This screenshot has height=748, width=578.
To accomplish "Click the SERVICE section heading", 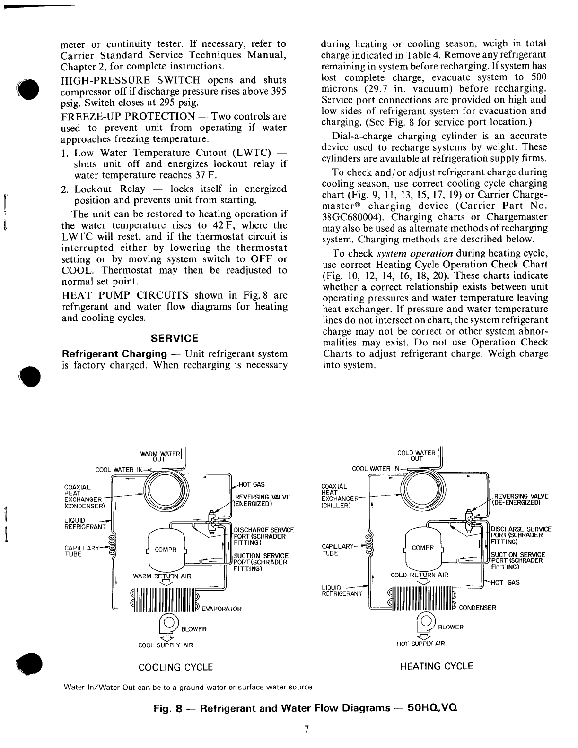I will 174,338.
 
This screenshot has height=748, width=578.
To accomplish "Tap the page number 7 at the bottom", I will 307,729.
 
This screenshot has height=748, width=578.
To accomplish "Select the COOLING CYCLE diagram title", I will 175,667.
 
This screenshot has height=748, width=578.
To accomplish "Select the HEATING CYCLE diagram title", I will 437,666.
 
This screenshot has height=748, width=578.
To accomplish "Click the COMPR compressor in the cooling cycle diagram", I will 167,550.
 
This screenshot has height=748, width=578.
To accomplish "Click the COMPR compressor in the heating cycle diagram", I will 423,548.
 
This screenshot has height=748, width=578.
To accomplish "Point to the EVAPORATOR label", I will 221,609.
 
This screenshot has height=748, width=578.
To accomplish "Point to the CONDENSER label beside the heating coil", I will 478,608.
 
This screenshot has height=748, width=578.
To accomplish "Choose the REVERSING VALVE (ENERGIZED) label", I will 263,500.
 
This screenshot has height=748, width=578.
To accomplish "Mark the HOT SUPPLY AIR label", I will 421,644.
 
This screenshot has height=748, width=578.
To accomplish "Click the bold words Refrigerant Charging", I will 115,354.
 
